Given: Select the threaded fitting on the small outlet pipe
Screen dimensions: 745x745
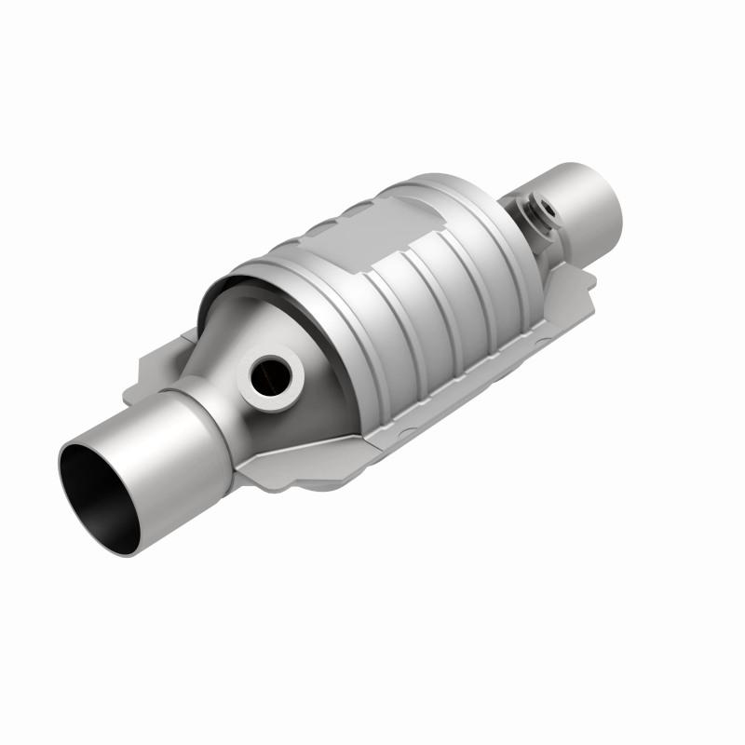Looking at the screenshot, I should pos(538,212).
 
